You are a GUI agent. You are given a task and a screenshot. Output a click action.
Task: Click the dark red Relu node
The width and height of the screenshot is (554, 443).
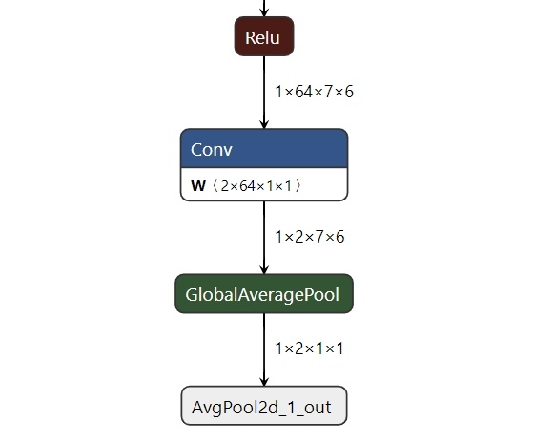click(x=264, y=36)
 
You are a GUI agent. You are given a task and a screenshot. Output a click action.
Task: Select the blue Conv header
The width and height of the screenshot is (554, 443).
click(x=264, y=148)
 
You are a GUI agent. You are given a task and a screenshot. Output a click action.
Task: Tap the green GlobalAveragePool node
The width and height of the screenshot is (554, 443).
click(x=264, y=294)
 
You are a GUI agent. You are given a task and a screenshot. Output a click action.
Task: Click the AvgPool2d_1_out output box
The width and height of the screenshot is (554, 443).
click(x=264, y=406)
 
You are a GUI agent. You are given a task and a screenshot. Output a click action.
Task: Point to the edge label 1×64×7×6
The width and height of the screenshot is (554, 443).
click(x=314, y=92)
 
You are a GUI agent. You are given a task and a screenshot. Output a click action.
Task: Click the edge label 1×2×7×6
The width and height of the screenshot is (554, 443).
click(x=310, y=237)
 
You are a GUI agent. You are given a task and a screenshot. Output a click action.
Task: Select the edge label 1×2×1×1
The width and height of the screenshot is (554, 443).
click(x=309, y=348)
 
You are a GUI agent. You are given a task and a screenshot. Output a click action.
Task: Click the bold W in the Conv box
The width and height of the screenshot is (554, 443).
click(x=198, y=186)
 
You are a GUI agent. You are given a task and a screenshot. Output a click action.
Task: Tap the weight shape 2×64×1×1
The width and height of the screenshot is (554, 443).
click(x=256, y=186)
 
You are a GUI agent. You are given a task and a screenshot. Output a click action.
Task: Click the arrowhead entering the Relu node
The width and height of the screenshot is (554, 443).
click(x=264, y=12)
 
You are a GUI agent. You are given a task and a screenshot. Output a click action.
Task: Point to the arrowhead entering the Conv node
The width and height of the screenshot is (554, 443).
click(x=264, y=124)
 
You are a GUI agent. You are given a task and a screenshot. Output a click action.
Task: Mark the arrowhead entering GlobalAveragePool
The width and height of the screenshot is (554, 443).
click(x=264, y=269)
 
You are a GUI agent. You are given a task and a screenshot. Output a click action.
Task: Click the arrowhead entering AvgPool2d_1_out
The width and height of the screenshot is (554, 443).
click(x=264, y=382)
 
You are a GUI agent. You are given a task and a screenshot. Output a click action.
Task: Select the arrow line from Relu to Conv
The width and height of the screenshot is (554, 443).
click(x=264, y=93)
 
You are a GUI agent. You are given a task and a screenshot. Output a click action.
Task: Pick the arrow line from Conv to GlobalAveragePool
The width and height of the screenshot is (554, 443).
click(x=264, y=238)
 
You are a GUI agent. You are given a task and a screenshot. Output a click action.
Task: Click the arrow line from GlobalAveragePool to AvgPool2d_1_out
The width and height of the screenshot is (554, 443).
click(x=264, y=349)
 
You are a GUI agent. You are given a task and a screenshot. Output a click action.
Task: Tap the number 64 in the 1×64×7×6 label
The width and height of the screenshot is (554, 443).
click(x=303, y=92)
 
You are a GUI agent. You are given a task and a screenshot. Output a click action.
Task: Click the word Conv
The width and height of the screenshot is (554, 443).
click(x=212, y=150)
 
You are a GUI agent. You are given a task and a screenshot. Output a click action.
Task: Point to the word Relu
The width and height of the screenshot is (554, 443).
click(x=262, y=38)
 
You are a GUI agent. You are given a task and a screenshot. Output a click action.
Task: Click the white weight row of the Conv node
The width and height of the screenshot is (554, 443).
click(x=264, y=184)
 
